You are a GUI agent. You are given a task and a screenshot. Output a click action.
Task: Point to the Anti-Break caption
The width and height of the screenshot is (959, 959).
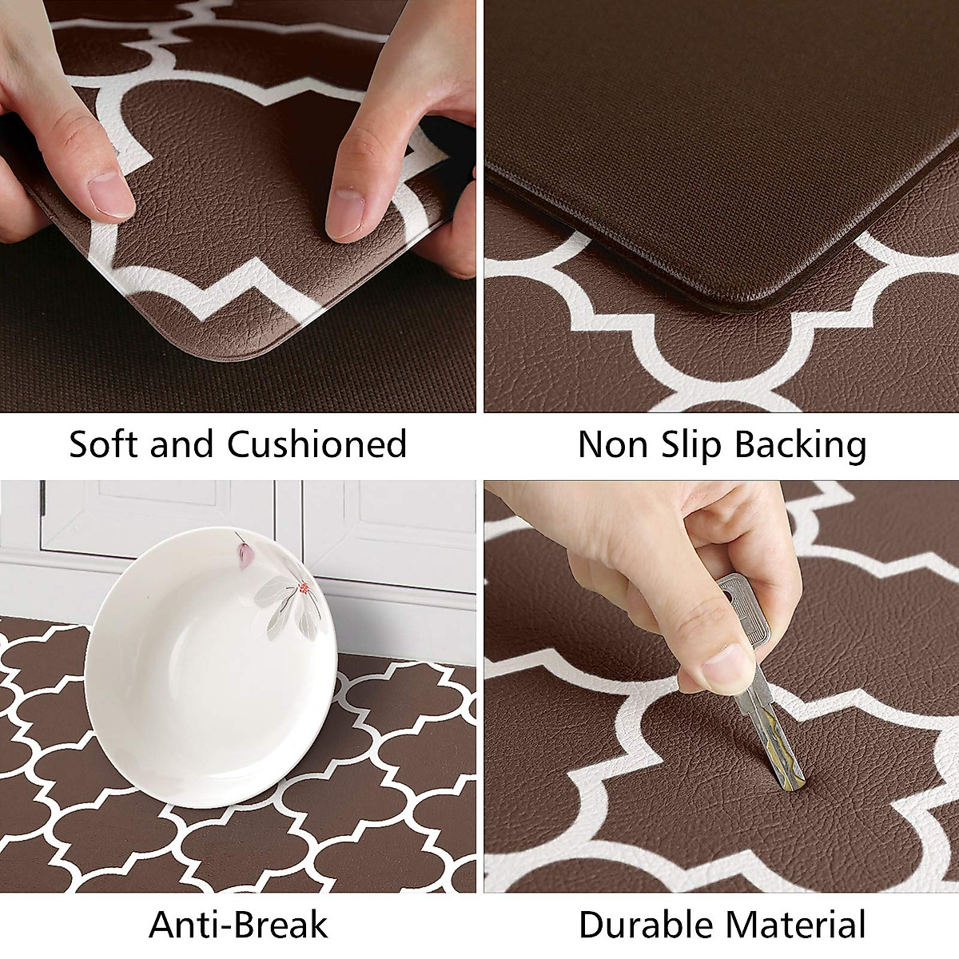[238, 925]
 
